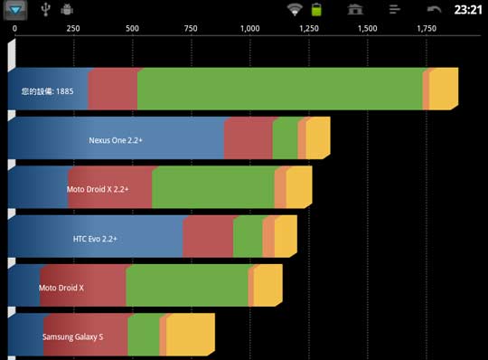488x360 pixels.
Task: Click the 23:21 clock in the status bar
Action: click(467, 10)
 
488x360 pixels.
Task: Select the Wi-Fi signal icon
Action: click(294, 10)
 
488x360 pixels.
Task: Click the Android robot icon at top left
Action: click(67, 10)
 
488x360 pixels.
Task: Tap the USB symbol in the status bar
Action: click(46, 10)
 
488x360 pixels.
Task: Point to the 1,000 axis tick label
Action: click(250, 29)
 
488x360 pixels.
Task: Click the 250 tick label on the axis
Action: click(73, 29)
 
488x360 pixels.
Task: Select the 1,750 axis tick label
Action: click(427, 29)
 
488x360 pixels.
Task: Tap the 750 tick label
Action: click(191, 29)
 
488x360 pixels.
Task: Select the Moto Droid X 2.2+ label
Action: click(98, 190)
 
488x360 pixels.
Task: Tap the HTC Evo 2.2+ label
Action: click(96, 239)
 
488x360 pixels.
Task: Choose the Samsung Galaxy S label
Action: click(72, 336)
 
